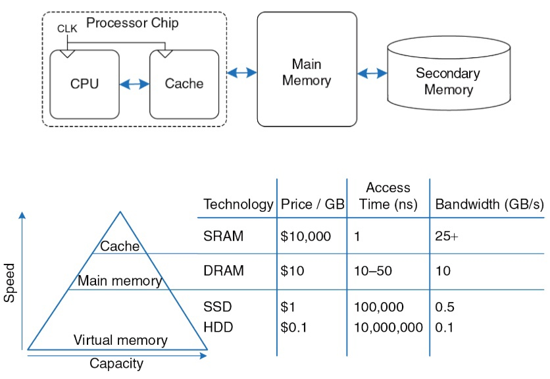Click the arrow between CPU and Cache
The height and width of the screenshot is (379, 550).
[x=134, y=84]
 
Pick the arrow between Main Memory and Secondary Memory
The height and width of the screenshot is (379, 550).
[x=372, y=72]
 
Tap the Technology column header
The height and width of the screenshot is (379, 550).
[x=238, y=204]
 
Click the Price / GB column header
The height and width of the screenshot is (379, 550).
[x=312, y=204]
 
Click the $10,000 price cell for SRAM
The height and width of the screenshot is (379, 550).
[x=305, y=236]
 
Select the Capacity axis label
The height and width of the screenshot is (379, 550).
[x=116, y=363]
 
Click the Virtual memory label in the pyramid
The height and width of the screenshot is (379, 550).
[x=120, y=340]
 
